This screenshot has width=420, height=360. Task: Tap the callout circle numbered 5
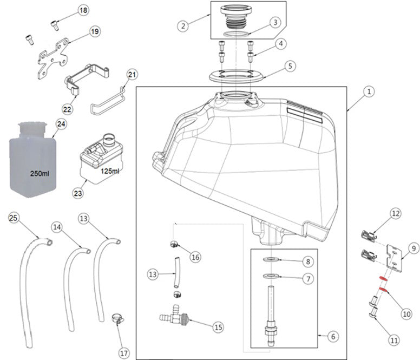point(290,66)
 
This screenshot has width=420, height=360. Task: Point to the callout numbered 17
point(124,353)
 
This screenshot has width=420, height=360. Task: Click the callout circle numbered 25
point(14,218)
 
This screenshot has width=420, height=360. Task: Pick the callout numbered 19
point(94,32)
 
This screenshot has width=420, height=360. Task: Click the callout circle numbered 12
point(396,214)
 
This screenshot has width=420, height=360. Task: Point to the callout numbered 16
point(196,258)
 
